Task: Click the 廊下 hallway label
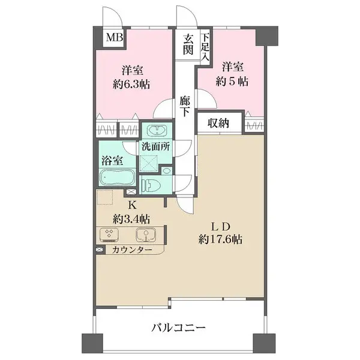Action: [185, 106]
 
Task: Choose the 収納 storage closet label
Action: [218, 124]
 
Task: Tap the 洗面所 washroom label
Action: [155, 146]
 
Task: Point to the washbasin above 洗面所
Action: [157, 131]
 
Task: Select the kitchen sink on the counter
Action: [145, 235]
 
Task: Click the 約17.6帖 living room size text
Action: [221, 239]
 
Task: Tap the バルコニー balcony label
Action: [178, 328]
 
